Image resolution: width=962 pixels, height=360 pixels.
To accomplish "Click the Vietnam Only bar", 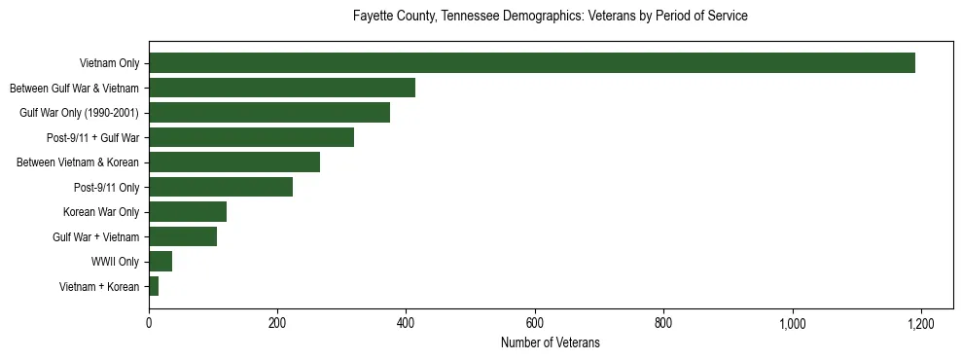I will click(x=532, y=63).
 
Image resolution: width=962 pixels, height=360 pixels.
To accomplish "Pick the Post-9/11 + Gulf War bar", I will click(x=251, y=137).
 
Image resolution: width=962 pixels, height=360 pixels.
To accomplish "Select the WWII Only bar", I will click(x=160, y=262).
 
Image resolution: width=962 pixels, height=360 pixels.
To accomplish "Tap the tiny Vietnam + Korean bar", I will click(x=154, y=286).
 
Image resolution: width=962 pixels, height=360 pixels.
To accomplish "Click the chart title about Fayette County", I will click(x=550, y=17).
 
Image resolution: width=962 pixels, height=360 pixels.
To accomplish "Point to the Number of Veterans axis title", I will click(x=550, y=342).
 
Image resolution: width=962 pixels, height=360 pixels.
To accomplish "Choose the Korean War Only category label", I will click(x=101, y=212).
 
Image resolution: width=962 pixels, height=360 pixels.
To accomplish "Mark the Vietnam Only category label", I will click(x=109, y=63).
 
